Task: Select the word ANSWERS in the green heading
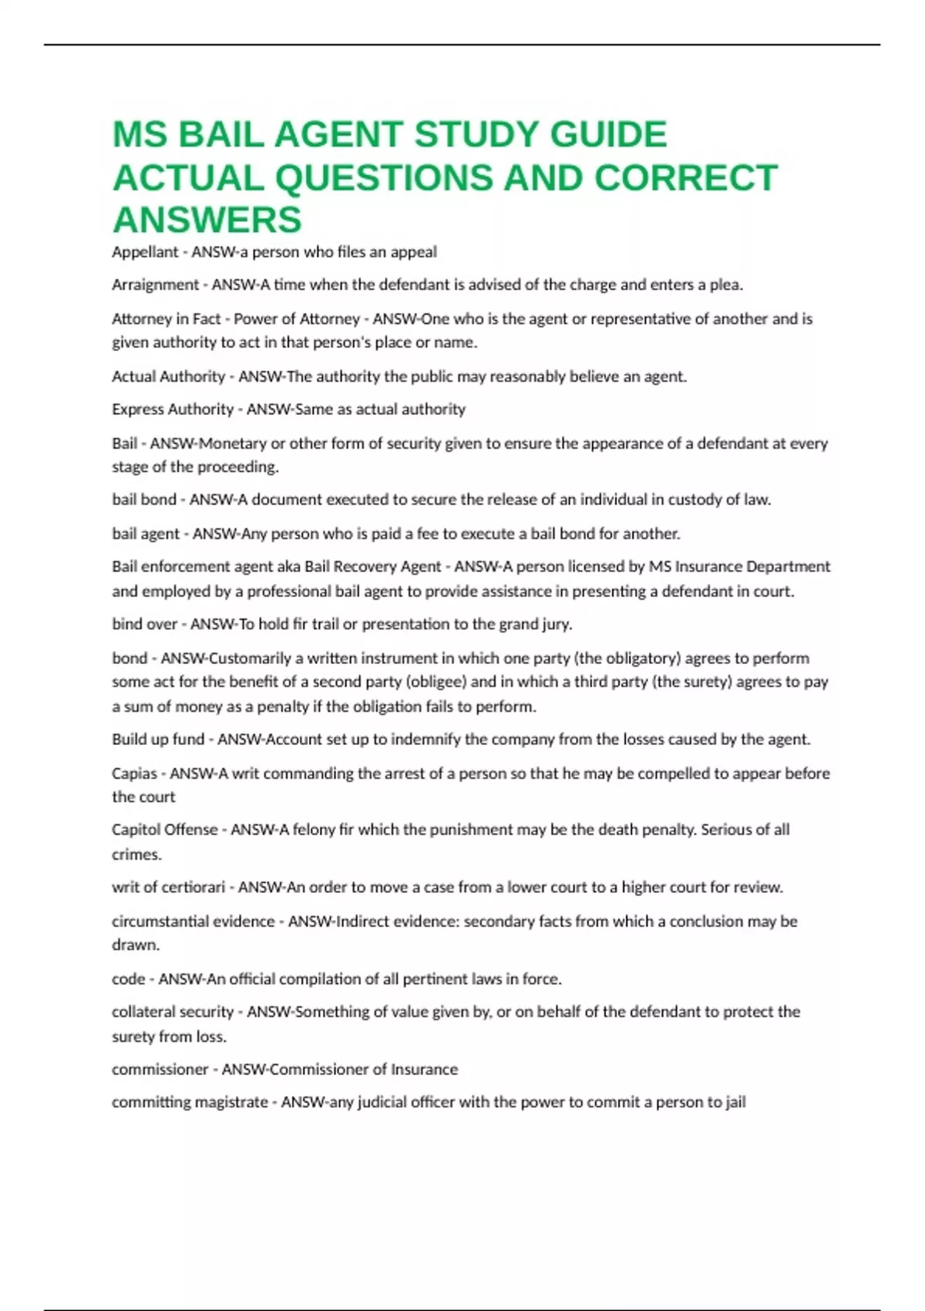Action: tap(207, 220)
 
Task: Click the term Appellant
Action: tap(145, 252)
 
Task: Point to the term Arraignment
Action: tap(155, 285)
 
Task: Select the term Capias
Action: tap(134, 773)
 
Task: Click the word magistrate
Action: tap(231, 1103)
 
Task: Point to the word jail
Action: tap(735, 1103)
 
